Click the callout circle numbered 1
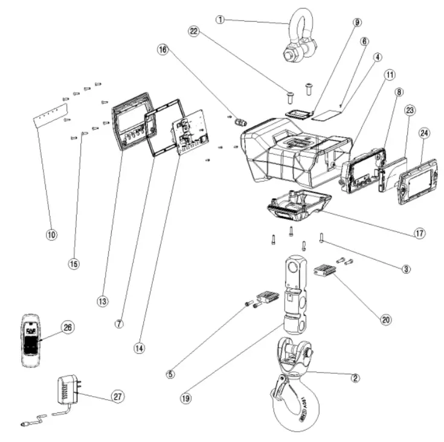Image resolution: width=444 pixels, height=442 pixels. [x=220, y=19]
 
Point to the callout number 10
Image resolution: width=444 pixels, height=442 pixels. [x=51, y=234]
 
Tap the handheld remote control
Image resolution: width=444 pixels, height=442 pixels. [x=31, y=341]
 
